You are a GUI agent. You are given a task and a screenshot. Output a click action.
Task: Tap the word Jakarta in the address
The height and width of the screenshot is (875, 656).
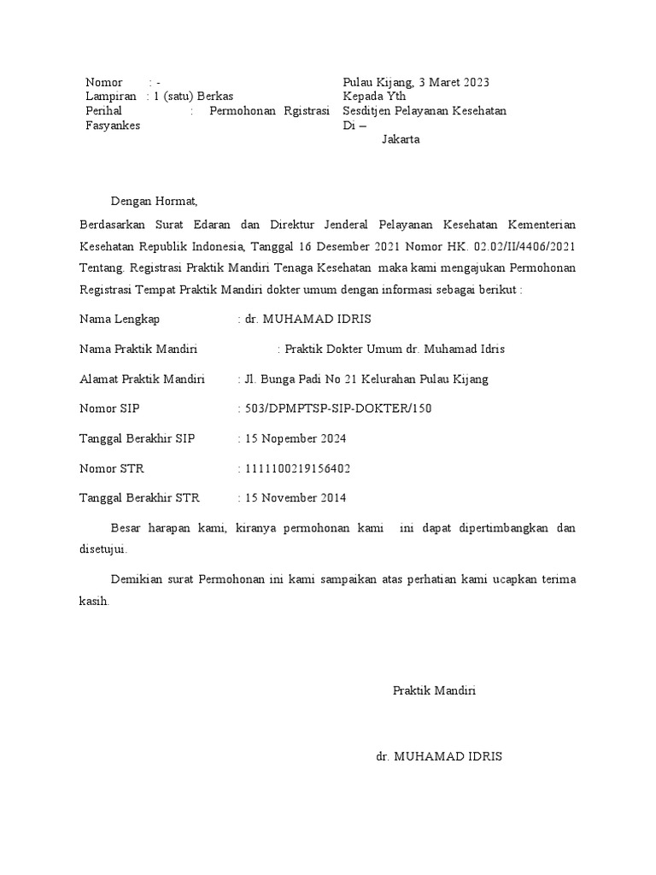click(401, 139)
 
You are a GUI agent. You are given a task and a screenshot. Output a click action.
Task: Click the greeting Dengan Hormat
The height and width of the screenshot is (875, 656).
click(154, 202)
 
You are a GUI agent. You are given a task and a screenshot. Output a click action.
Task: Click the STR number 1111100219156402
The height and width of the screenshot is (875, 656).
click(297, 468)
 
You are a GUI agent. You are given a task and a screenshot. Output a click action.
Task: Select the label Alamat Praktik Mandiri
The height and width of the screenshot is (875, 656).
click(137, 379)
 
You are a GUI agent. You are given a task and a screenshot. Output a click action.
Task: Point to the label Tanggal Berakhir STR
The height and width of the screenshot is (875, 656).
click(139, 498)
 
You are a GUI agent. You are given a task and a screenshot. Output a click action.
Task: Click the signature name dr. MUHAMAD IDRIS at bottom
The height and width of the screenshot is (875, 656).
click(439, 757)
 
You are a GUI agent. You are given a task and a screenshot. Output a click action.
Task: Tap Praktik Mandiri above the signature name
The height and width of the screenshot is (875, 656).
click(434, 690)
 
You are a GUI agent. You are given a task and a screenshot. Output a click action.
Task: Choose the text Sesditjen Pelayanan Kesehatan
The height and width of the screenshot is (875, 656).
click(425, 111)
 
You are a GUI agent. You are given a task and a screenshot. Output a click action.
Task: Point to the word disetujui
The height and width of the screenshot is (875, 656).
click(102, 550)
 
